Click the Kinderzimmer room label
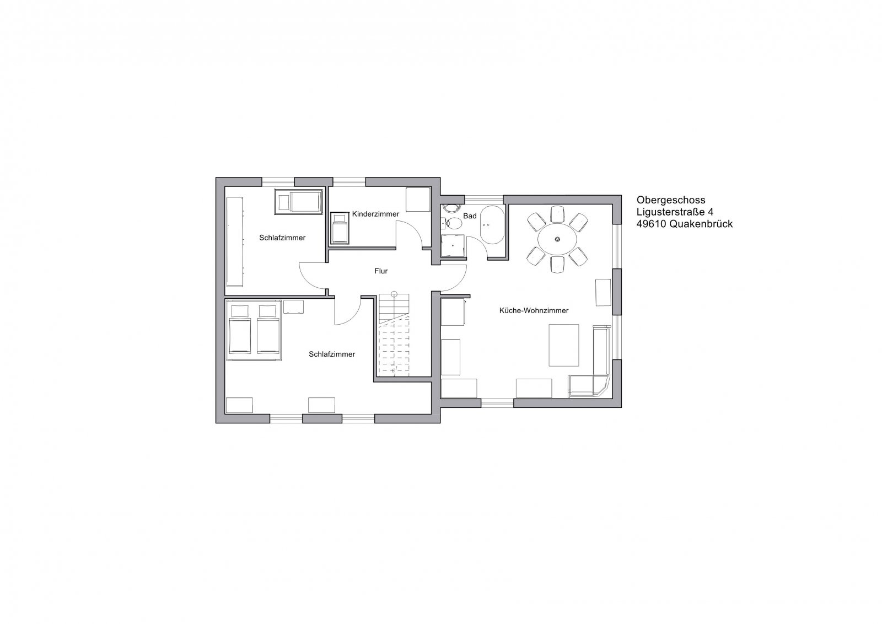[x=375, y=214]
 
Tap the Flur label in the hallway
[x=381, y=271]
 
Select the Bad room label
[x=470, y=216]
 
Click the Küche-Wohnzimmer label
[x=534, y=311]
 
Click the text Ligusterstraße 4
[x=675, y=212]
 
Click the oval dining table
[x=557, y=239]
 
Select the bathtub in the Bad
[x=492, y=224]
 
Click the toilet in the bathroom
[x=454, y=224]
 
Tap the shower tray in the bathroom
[x=453, y=246]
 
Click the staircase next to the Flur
[x=394, y=335]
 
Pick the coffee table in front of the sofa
[x=564, y=345]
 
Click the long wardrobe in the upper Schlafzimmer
[x=235, y=242]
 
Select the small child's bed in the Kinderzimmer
[x=340, y=228]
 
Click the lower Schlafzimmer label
[x=332, y=354]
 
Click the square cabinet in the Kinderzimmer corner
[x=418, y=200]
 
